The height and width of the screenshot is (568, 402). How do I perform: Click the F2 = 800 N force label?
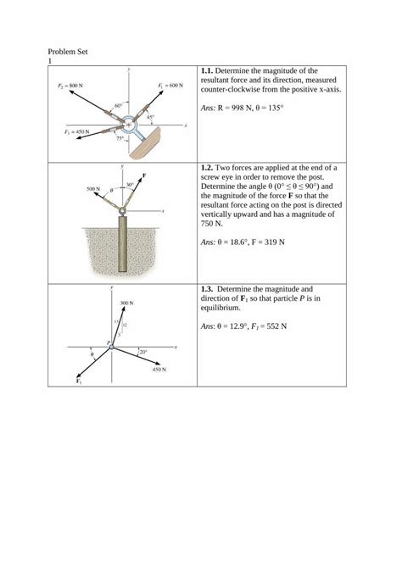pyautogui.click(x=70, y=86)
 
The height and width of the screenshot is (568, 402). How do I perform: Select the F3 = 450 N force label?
pyautogui.click(x=76, y=132)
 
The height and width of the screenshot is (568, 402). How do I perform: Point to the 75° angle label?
pyautogui.click(x=121, y=138)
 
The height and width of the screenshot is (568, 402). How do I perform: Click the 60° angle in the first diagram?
pyautogui.click(x=118, y=105)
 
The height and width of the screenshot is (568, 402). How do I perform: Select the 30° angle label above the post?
pyautogui.click(x=129, y=184)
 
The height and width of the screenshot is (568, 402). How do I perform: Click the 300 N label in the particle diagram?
pyautogui.click(x=127, y=303)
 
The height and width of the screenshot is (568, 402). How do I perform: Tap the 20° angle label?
pyautogui.click(x=142, y=351)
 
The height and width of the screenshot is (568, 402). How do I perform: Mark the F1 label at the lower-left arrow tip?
pyautogui.click(x=78, y=382)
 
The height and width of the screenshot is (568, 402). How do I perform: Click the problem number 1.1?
pyautogui.click(x=209, y=70)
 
